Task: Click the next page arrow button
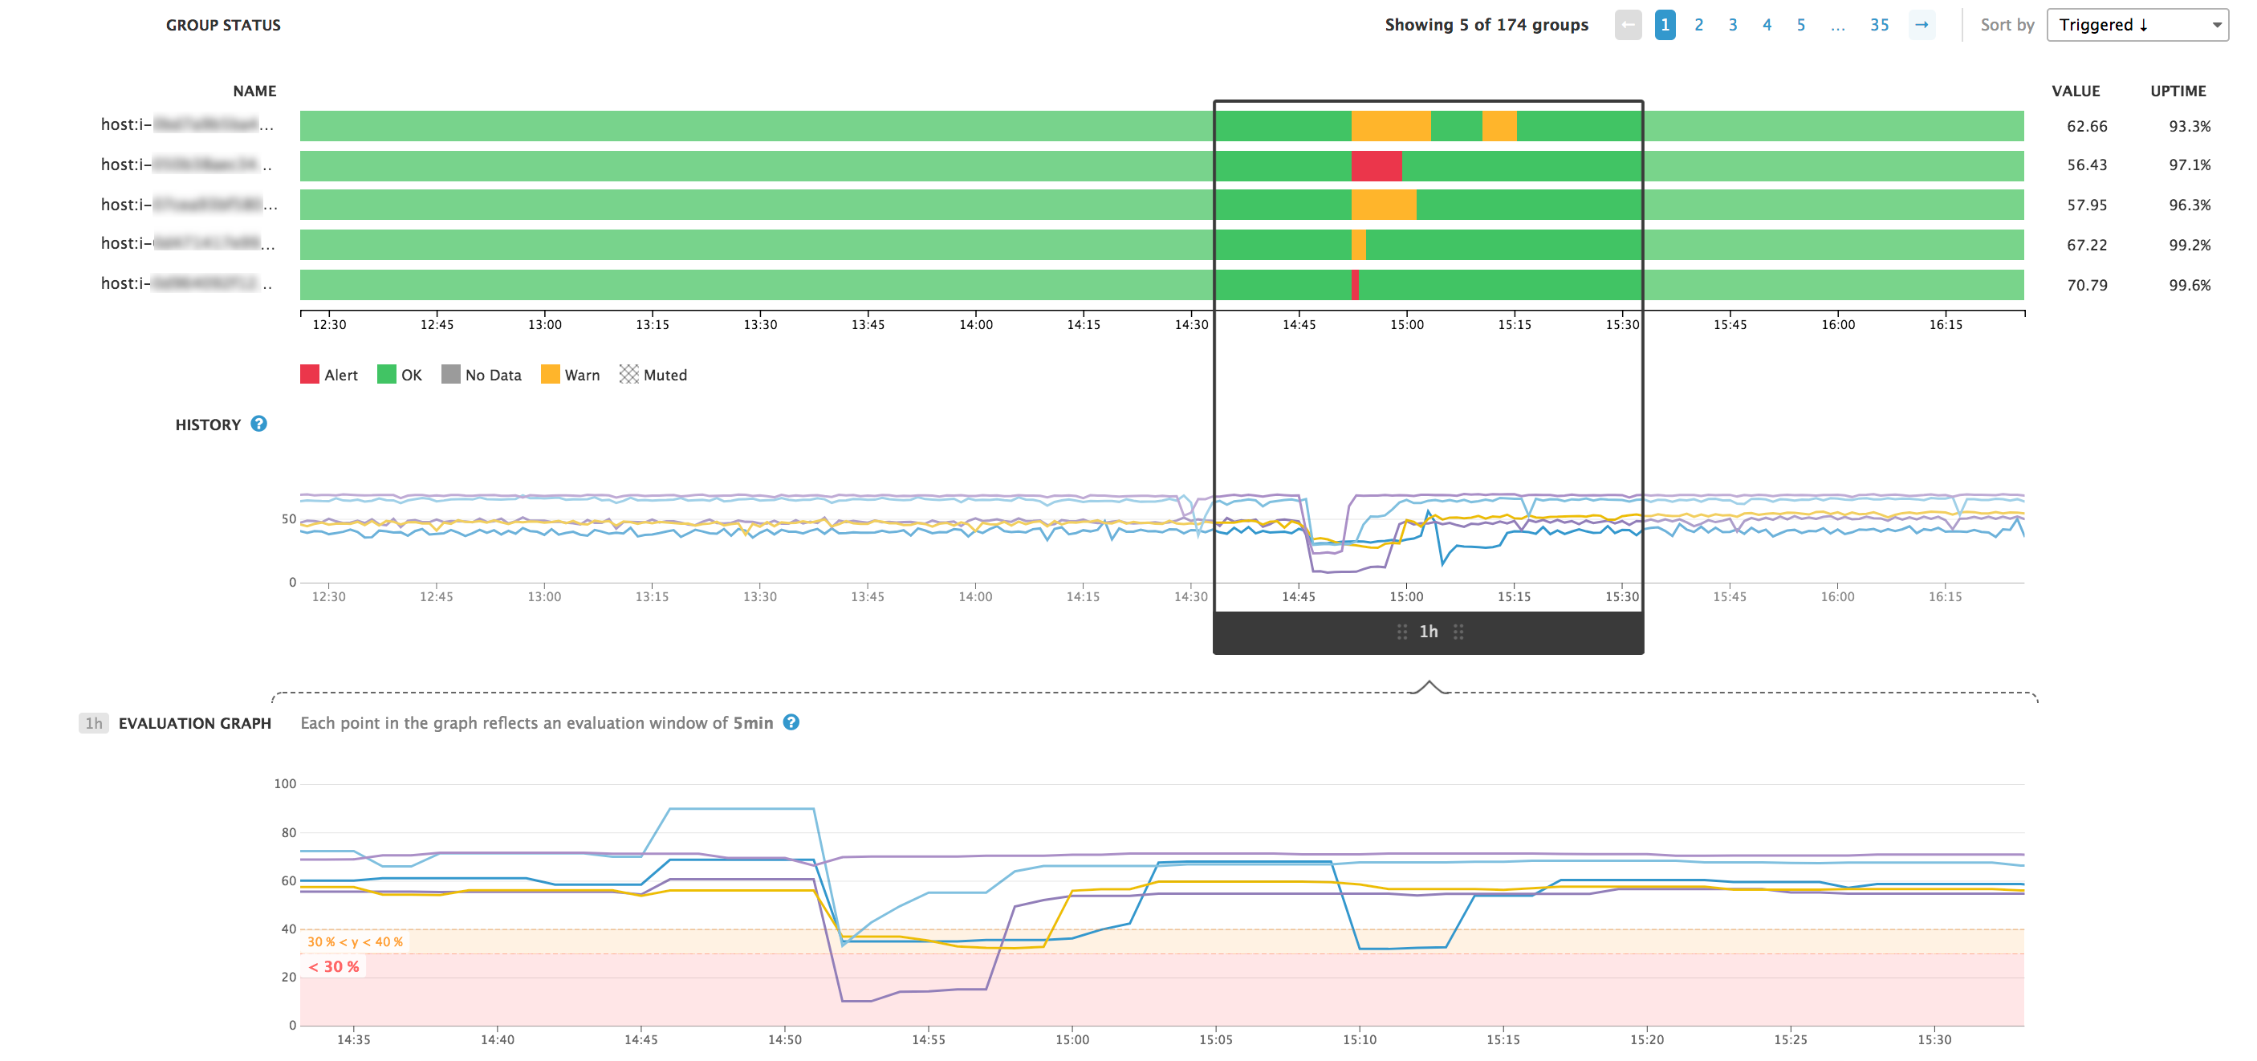pyautogui.click(x=1921, y=25)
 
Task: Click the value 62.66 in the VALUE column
pyautogui.click(x=2086, y=126)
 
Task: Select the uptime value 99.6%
pyautogui.click(x=2189, y=285)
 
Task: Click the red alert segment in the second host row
pyautogui.click(x=1376, y=165)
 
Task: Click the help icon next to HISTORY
pyautogui.click(x=258, y=424)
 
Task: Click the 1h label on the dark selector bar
pyautogui.click(x=1428, y=632)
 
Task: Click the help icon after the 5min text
pyautogui.click(x=791, y=723)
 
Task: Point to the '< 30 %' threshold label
pyautogui.click(x=334, y=966)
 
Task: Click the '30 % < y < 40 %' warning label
pyautogui.click(x=355, y=942)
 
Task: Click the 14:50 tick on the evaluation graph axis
pyautogui.click(x=784, y=1039)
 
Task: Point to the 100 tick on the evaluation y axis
pyautogui.click(x=285, y=783)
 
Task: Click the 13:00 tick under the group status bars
pyautogui.click(x=544, y=324)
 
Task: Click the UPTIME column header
pyautogui.click(x=2178, y=91)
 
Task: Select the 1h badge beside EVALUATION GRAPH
pyautogui.click(x=94, y=723)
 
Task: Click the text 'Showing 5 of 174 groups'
pyautogui.click(x=1486, y=25)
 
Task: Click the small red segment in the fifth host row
pyautogui.click(x=1356, y=285)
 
